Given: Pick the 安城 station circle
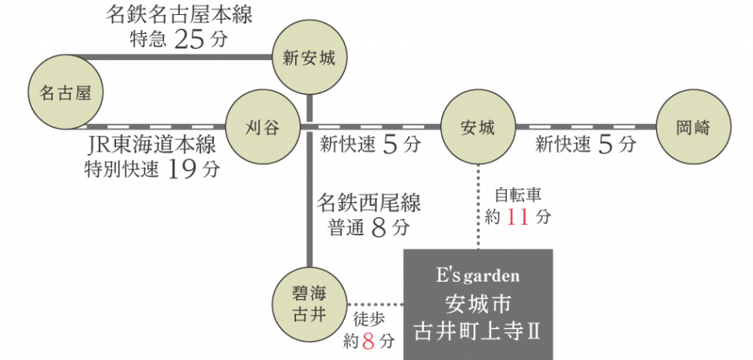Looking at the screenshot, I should tap(478, 126).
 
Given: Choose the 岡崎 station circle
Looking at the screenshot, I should tap(693, 126).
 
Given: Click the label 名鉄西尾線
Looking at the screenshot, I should tap(369, 203).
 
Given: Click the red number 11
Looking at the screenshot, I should tap(518, 217).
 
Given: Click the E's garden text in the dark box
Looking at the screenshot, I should tap(478, 276).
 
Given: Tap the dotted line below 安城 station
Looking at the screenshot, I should tap(478, 205).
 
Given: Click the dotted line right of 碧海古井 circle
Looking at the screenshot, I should tap(375, 304).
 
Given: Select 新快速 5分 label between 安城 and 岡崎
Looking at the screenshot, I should tap(585, 144).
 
